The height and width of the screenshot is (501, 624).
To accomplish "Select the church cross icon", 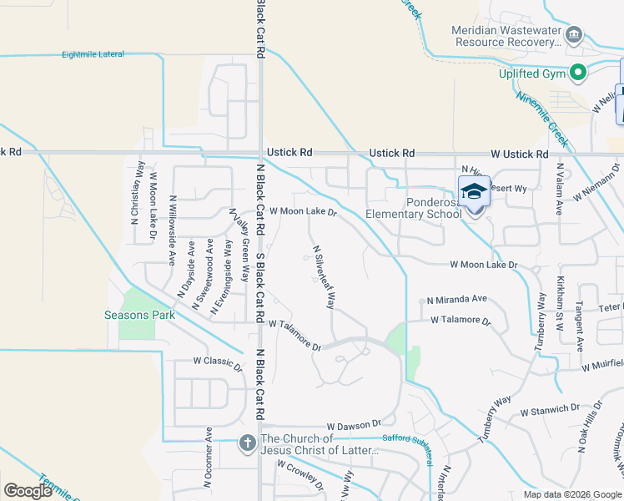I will (x=247, y=443).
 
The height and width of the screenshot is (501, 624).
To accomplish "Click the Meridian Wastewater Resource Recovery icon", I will (x=574, y=35).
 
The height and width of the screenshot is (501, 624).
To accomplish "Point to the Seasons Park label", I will (x=140, y=315).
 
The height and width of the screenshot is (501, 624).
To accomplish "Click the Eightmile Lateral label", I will (x=93, y=54).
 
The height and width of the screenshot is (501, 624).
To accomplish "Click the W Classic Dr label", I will (x=217, y=362).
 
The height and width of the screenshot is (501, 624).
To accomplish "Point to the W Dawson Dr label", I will (x=354, y=425).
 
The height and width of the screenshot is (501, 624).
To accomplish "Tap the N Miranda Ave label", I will (x=456, y=299).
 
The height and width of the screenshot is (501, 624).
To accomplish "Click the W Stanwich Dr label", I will (x=549, y=409).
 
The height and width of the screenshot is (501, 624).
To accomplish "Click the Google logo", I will (x=28, y=491).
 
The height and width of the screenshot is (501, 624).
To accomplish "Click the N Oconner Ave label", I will (x=208, y=459).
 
